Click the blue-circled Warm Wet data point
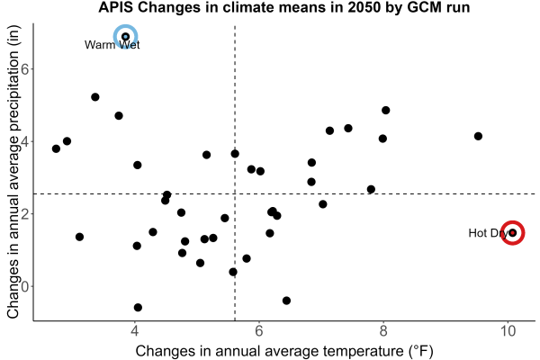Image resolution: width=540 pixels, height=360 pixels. pos(126,37)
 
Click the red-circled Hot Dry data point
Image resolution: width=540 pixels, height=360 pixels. pos(512,233)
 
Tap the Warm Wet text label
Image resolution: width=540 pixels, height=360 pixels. pos(112,45)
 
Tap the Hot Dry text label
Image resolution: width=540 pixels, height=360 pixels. pos(489,233)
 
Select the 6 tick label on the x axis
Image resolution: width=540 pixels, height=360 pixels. pos(258,331)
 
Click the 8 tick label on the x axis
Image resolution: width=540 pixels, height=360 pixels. pos(383,331)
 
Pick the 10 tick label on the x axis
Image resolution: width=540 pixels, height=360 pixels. pos(508,331)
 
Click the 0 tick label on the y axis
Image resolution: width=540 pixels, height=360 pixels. pos(25,286)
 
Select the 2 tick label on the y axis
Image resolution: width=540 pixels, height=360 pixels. pos(25,213)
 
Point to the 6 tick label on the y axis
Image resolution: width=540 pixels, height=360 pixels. pos(25,68)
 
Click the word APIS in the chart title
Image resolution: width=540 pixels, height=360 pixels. pos(116,7)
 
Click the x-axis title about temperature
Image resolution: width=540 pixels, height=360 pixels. pos(284,351)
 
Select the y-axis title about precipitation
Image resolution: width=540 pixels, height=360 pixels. pos(13,172)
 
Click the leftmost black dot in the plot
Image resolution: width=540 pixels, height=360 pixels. pos(56,148)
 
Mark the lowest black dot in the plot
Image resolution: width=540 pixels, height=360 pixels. pos(138,307)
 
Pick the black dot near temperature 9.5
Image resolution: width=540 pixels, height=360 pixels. pos(478,136)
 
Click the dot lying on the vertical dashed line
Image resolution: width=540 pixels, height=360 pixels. pos(235,154)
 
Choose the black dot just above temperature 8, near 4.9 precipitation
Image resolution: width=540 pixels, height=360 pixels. pos(386,110)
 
